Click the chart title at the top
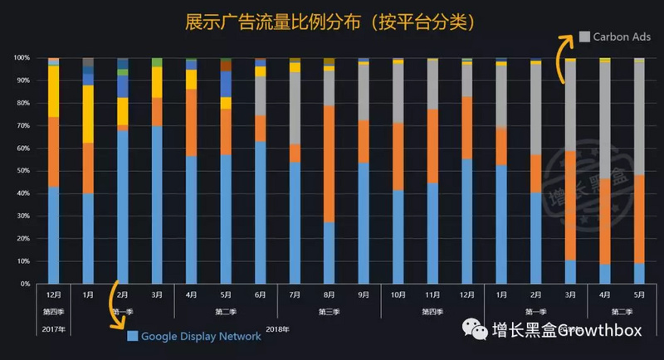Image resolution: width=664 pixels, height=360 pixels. click(x=331, y=19)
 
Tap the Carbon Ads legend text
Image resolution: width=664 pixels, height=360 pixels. click(x=622, y=36)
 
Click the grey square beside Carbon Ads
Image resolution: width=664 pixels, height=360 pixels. click(x=584, y=36)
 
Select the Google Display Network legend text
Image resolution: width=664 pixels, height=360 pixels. click(x=201, y=337)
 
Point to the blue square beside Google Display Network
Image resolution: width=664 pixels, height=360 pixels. click(x=132, y=337)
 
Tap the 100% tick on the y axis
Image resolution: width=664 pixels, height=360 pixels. click(x=22, y=58)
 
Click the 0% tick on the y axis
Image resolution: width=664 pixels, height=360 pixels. click(x=25, y=284)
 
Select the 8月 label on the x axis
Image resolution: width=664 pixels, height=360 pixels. click(x=330, y=295)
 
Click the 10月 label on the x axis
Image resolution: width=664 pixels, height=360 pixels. click(x=398, y=295)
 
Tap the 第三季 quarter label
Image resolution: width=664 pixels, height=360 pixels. click(x=330, y=311)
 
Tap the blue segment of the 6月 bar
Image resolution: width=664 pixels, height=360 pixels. click(x=261, y=212)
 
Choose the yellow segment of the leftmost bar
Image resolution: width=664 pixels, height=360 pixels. click(x=53, y=90)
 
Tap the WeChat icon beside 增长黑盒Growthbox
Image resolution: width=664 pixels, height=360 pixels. click(x=481, y=330)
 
